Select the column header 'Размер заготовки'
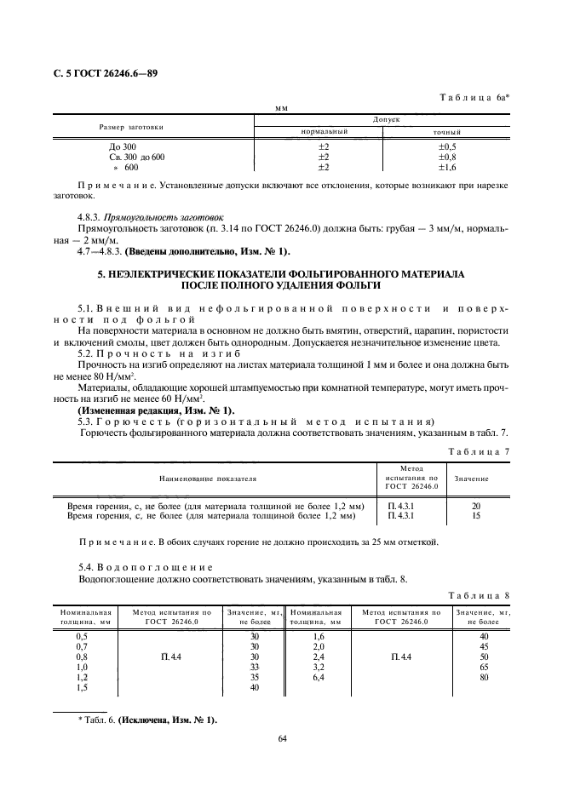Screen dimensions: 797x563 tap(131, 127)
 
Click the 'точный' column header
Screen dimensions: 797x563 tap(447, 133)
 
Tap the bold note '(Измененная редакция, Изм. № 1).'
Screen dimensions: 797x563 tap(156, 410)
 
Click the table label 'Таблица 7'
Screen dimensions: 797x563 tap(480, 450)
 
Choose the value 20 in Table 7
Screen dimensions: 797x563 tap(475, 506)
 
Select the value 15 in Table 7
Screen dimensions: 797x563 tap(475, 516)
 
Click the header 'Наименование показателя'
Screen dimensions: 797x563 tap(206, 479)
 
